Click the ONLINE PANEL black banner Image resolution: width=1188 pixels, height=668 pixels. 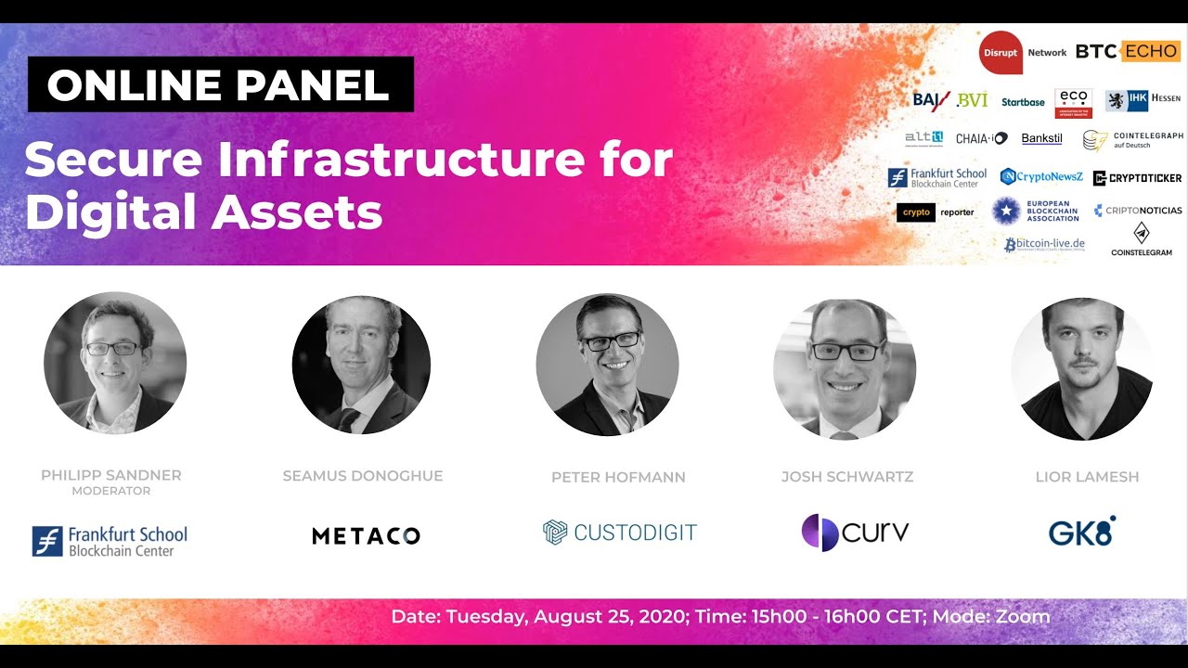tap(220, 85)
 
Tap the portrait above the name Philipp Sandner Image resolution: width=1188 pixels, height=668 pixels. tap(115, 363)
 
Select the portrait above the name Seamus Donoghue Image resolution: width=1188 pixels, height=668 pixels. tap(361, 365)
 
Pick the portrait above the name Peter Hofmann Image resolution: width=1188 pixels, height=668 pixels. tap(607, 365)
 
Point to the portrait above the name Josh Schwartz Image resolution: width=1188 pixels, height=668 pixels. tap(845, 368)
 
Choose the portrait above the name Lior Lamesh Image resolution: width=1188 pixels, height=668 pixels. tap(1082, 368)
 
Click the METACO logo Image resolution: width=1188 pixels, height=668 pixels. tap(366, 535)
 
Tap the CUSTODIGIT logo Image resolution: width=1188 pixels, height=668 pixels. tap(619, 533)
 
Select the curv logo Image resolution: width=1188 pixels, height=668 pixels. tap(855, 533)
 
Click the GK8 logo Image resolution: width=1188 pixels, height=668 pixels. tap(1081, 532)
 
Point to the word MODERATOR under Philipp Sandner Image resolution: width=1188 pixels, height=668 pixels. tap(110, 491)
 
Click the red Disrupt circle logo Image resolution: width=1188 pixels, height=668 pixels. tap(1001, 52)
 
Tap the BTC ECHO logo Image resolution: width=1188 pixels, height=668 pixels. tap(1128, 52)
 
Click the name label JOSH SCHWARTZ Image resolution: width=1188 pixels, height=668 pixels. tap(847, 477)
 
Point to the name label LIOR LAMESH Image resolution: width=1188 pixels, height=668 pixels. tap(1087, 477)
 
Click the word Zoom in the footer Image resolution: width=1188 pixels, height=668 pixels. tap(1021, 617)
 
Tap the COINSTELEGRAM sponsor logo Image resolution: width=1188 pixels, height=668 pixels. tap(1142, 240)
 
